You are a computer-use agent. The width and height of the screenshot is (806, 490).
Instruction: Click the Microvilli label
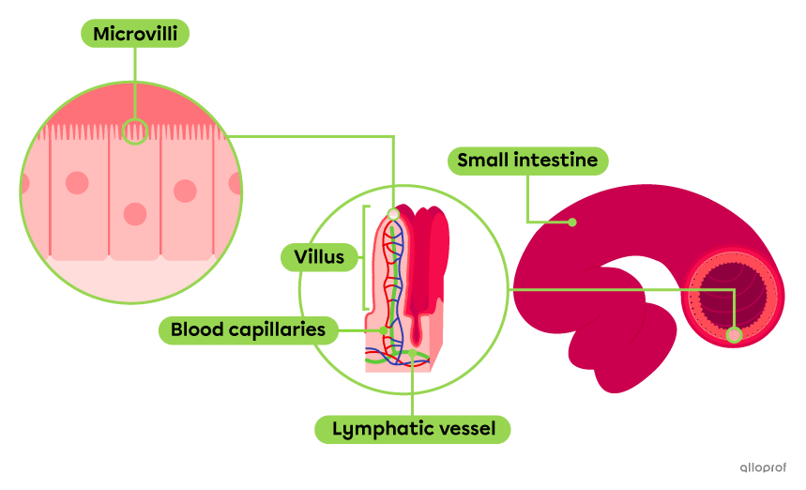point(136,35)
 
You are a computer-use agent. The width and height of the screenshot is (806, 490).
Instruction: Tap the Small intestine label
point(527,161)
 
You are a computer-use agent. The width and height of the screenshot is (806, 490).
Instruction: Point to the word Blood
point(193,330)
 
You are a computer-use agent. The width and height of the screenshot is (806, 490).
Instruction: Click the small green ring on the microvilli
point(135,131)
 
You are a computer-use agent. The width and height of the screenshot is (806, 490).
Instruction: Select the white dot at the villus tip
point(393,215)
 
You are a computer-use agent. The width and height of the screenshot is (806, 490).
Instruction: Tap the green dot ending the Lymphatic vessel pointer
point(413,354)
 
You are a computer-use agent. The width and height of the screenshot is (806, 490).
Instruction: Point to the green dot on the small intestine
point(572,222)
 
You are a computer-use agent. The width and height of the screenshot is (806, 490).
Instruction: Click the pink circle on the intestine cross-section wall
point(734,334)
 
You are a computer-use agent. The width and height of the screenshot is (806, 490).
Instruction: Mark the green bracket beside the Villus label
point(364,256)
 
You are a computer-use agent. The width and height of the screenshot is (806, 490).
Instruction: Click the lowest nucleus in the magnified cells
point(136,214)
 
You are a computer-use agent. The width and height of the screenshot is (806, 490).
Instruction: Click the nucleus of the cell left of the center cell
point(77,182)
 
